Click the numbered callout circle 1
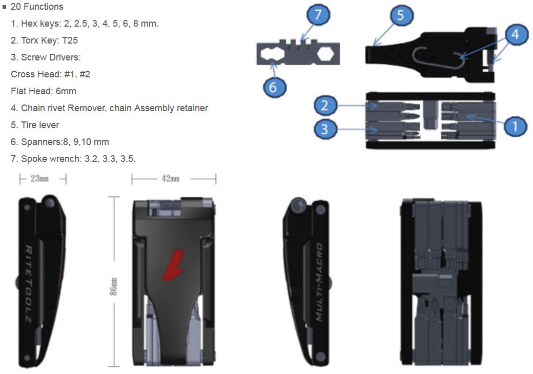click(x=515, y=124)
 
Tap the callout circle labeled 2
click(x=324, y=106)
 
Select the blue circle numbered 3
click(x=324, y=129)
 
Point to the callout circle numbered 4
click(x=515, y=34)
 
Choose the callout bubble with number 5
click(x=400, y=16)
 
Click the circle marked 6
click(x=273, y=87)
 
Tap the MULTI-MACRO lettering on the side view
click(x=318, y=282)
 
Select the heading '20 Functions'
click(x=36, y=7)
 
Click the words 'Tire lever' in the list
click(x=40, y=125)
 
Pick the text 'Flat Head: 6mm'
click(x=44, y=91)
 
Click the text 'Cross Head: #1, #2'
click(x=50, y=74)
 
